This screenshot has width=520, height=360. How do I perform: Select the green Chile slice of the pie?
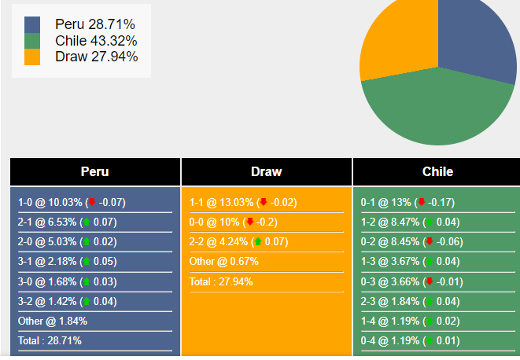(x=437, y=110)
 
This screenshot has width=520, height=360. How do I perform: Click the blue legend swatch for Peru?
(x=32, y=24)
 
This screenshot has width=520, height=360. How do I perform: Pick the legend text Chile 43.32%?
(x=96, y=40)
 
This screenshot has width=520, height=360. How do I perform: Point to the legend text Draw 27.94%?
(x=96, y=56)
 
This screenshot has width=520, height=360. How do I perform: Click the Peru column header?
(x=95, y=171)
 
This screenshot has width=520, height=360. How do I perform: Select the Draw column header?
(x=267, y=171)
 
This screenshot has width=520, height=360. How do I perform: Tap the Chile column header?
(x=437, y=171)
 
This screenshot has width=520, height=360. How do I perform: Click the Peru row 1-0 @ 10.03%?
(x=72, y=202)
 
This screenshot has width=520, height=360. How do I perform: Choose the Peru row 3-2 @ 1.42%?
(x=67, y=301)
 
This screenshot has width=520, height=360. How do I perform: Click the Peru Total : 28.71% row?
(x=50, y=340)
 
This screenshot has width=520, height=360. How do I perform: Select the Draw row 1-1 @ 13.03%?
(x=243, y=202)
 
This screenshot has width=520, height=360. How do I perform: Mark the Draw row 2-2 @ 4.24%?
(x=238, y=241)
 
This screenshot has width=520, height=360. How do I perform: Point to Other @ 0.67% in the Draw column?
(x=223, y=261)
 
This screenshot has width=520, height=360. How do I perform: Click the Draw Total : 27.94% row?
(x=221, y=281)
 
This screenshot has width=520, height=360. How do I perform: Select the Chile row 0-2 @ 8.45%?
(x=408, y=241)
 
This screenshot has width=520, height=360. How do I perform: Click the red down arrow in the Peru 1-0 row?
(x=92, y=202)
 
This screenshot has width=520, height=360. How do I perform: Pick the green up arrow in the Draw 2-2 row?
(x=257, y=241)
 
